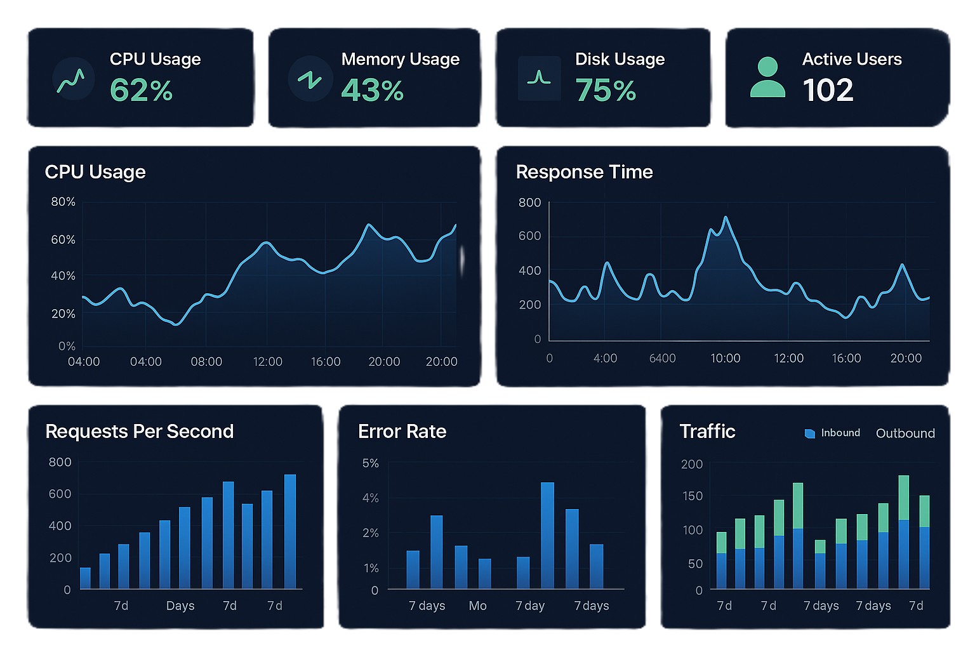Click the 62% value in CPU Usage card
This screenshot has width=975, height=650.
pyautogui.click(x=141, y=90)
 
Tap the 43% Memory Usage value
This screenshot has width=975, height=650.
pyautogui.click(x=372, y=90)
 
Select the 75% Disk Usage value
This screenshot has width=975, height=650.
pyautogui.click(x=606, y=90)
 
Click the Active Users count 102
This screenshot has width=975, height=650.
pyautogui.click(x=828, y=90)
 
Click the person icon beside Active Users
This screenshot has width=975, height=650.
pyautogui.click(x=767, y=77)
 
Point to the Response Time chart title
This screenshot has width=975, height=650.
pyautogui.click(x=584, y=172)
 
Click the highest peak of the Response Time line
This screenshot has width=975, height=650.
pyautogui.click(x=726, y=218)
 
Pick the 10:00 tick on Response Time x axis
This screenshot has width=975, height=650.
pyautogui.click(x=725, y=359)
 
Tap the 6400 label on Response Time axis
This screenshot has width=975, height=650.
pyautogui.click(x=662, y=359)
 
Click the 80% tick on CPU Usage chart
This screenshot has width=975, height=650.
pyautogui.click(x=63, y=202)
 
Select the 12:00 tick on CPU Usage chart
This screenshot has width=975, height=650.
pyautogui.click(x=267, y=362)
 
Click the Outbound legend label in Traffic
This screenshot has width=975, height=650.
pyautogui.click(x=905, y=434)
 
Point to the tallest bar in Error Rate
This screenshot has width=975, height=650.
pyautogui.click(x=547, y=535)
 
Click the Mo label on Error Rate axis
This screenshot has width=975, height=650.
pyautogui.click(x=477, y=606)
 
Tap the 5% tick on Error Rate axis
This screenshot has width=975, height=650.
pyautogui.click(x=370, y=463)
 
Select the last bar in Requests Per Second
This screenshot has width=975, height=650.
pyautogui.click(x=289, y=532)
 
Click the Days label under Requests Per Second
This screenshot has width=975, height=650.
pyautogui.click(x=180, y=606)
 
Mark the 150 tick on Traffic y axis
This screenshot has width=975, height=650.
pyautogui.click(x=692, y=496)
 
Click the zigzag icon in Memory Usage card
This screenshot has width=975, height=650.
pyautogui.click(x=310, y=79)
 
